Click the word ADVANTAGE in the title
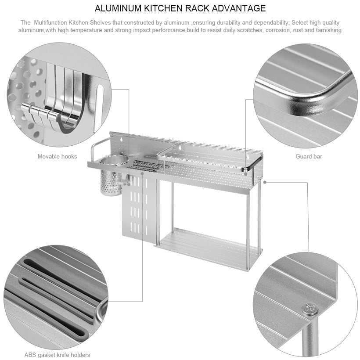[238, 8]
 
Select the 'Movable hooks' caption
[57, 156]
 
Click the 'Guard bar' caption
[309, 156]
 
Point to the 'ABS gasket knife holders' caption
[57, 355]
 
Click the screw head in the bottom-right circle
[310, 309]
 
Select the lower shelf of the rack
[207, 249]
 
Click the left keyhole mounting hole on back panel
[122, 139]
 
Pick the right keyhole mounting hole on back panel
[248, 157]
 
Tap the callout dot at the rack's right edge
[265, 182]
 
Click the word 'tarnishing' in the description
[328, 30]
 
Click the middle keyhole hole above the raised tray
[180, 147]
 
